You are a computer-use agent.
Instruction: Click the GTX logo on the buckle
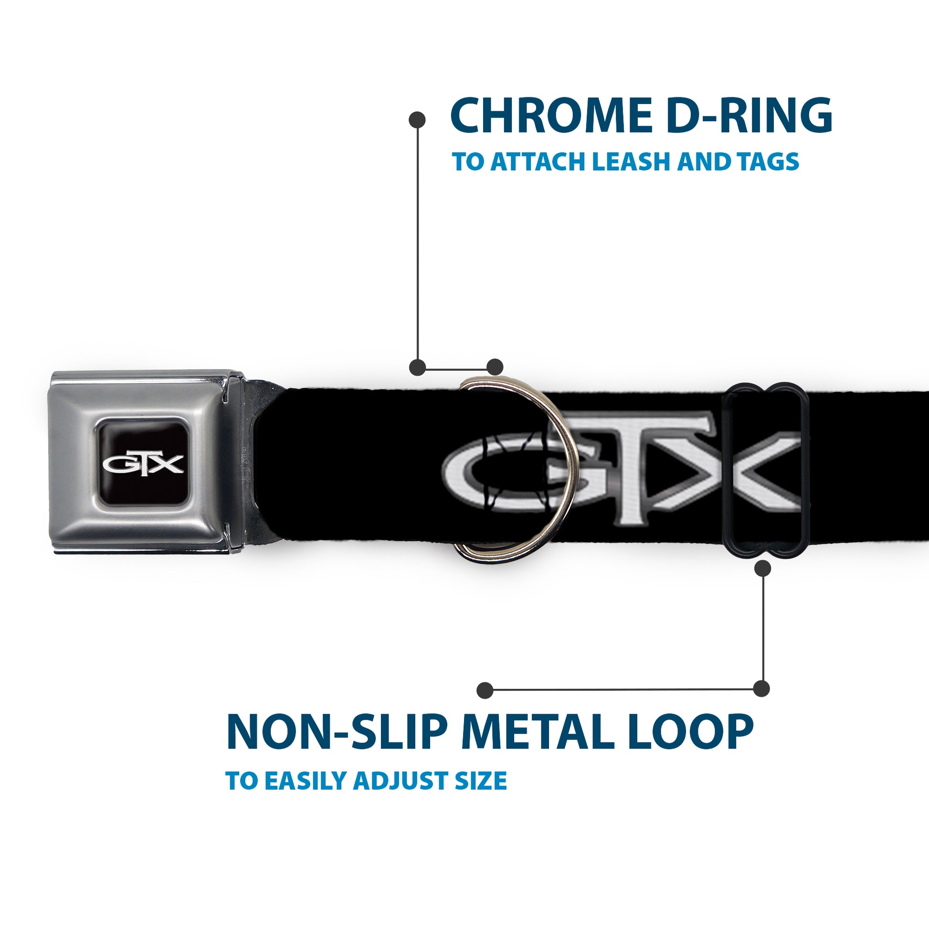143,464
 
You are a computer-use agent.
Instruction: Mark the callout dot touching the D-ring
495,367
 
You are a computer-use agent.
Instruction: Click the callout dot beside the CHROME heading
417,120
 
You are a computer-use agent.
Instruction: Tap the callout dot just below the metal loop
762,569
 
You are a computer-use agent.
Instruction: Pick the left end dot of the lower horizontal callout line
485,690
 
